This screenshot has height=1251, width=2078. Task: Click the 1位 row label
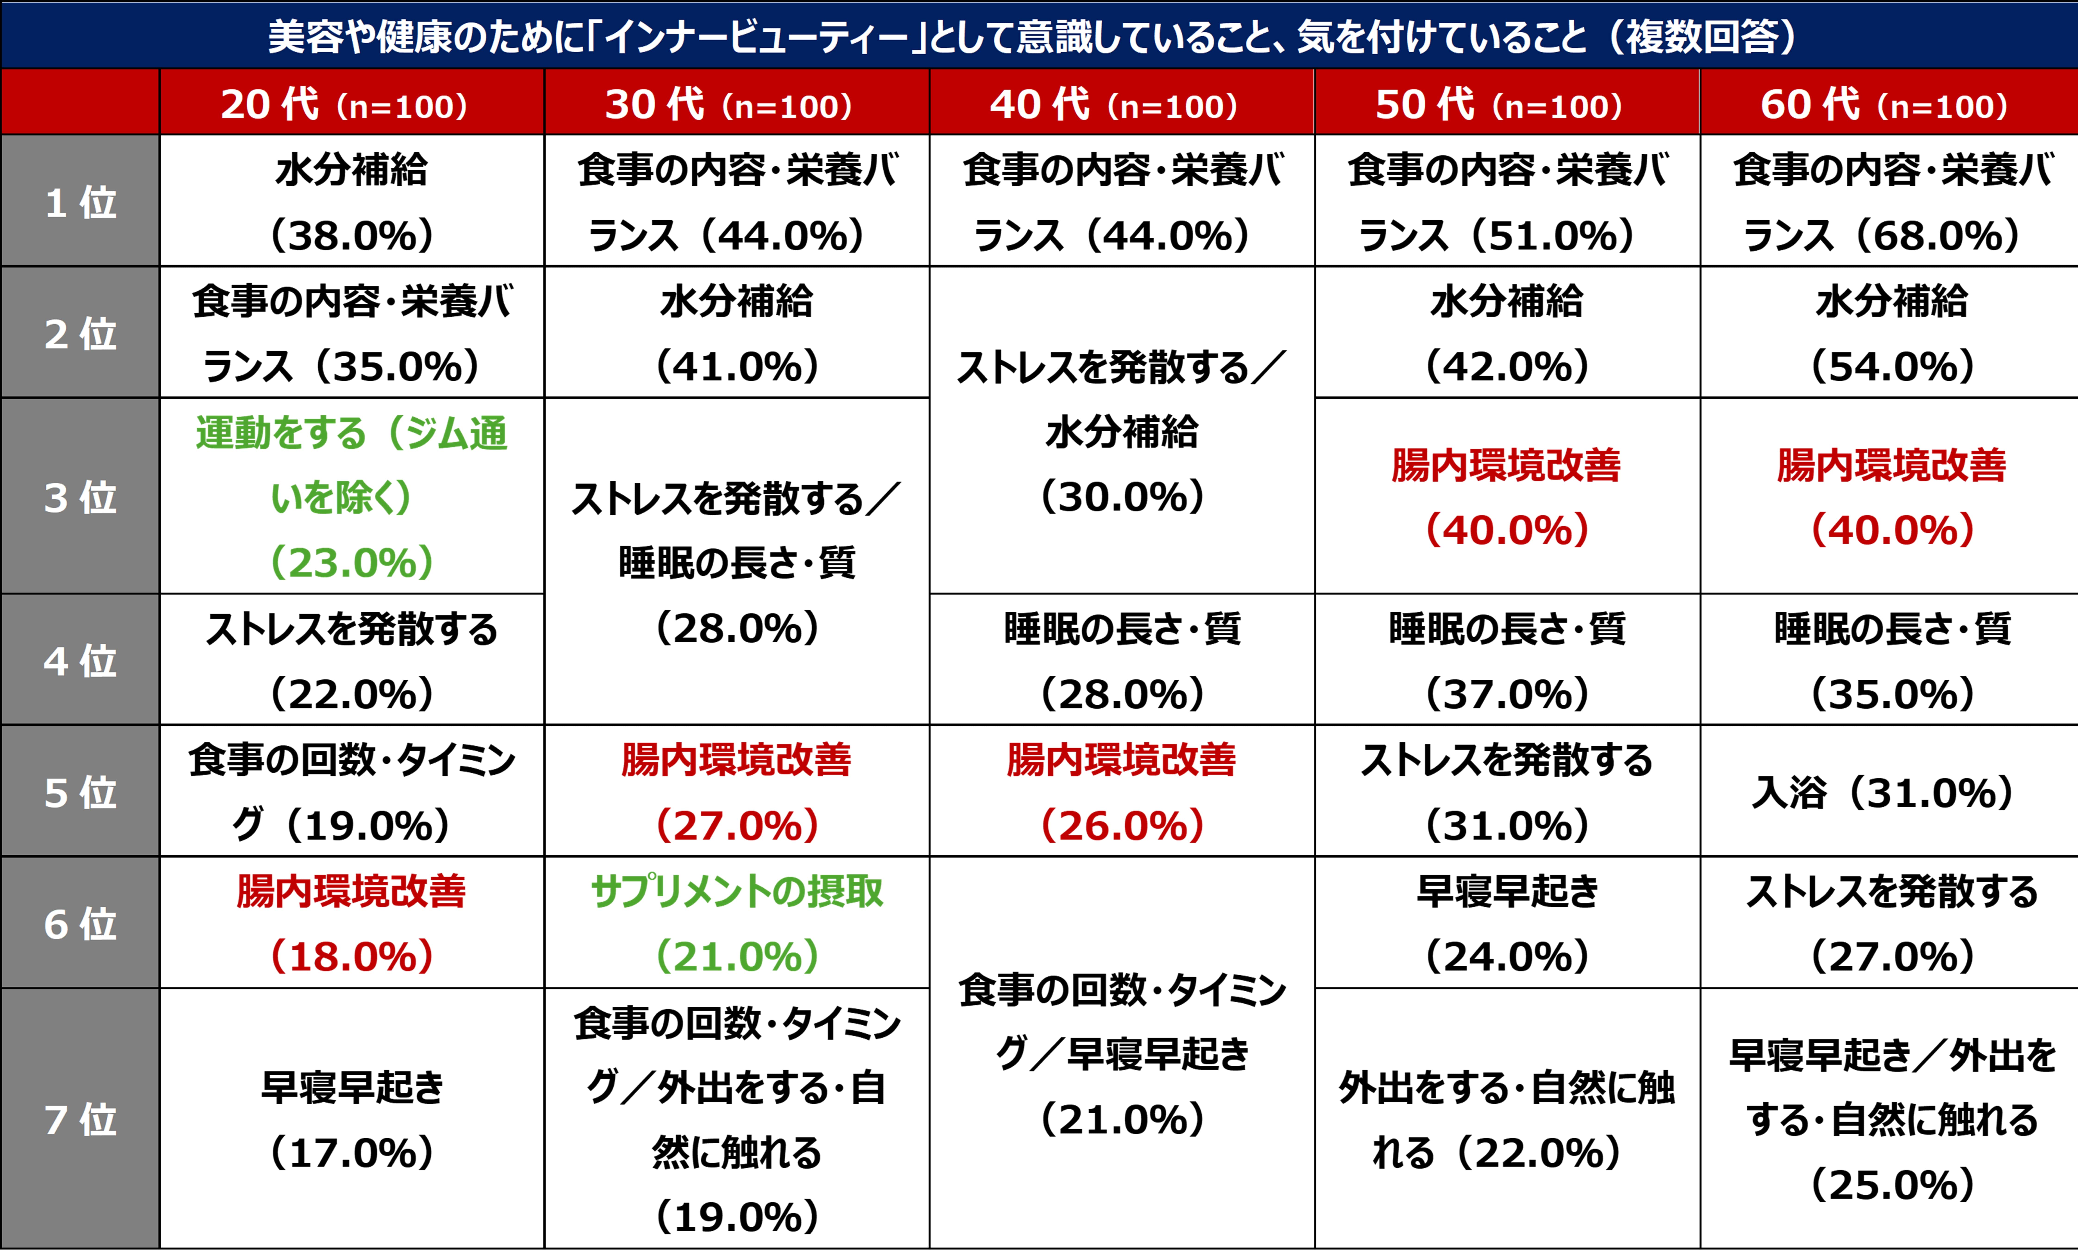[80, 202]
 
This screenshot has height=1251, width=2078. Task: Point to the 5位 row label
[80, 792]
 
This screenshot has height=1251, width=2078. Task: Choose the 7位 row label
[80, 1120]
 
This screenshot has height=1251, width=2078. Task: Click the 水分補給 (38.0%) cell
[351, 202]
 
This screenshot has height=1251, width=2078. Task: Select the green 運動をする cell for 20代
[351, 497]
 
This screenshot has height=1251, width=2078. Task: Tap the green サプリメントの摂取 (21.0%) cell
[736, 923]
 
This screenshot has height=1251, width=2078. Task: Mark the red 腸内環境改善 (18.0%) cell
[351, 923]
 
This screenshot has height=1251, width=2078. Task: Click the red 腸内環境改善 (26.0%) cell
[1121, 792]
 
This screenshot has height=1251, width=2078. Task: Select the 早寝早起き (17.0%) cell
[351, 1120]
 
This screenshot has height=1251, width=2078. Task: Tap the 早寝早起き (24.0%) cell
[1507, 923]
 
